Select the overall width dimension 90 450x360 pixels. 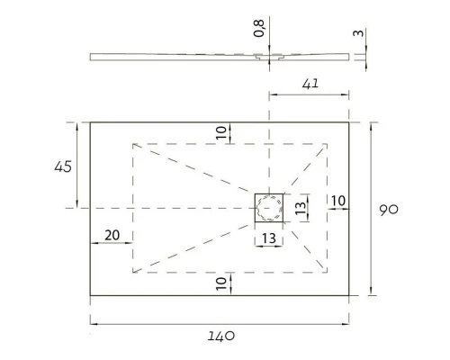coord(389,209)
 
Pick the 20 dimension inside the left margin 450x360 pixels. coord(112,235)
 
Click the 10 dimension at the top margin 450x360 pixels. coord(221,131)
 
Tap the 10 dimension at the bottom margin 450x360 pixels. coord(221,283)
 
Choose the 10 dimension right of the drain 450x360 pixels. coord(338,200)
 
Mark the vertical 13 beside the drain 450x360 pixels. coord(302,208)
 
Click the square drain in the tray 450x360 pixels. coord(269,208)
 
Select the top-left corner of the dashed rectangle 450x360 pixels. coord(133,143)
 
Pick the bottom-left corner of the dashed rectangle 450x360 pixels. coord(133,271)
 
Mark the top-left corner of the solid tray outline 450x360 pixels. coord(90,122)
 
